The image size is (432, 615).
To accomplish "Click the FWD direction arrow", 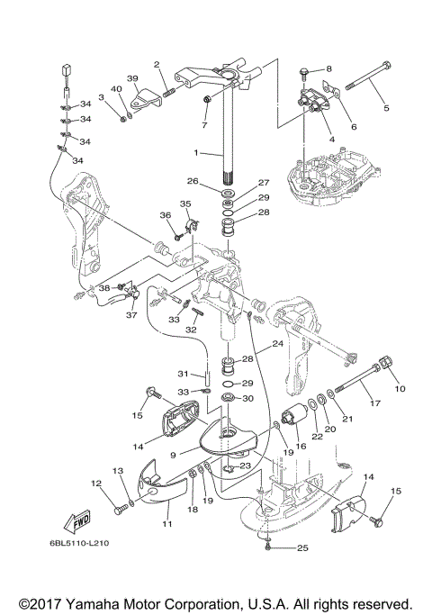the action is (x=77, y=520).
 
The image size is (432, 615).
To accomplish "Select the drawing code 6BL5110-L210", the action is (x=79, y=543).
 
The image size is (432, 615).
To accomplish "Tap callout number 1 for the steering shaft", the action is (x=197, y=152).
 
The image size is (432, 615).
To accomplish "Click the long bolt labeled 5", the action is (x=367, y=77).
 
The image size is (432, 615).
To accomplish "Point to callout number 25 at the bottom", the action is (x=302, y=547).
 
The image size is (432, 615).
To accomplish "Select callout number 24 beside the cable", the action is (x=277, y=344).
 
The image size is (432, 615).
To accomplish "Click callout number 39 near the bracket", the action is (x=132, y=78).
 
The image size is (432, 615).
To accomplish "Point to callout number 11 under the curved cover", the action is (x=167, y=524).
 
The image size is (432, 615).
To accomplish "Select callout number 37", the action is (x=131, y=314).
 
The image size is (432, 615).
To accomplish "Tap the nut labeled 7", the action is (x=207, y=99).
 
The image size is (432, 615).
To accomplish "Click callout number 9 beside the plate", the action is (x=173, y=455).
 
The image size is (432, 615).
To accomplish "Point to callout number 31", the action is (x=183, y=374).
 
